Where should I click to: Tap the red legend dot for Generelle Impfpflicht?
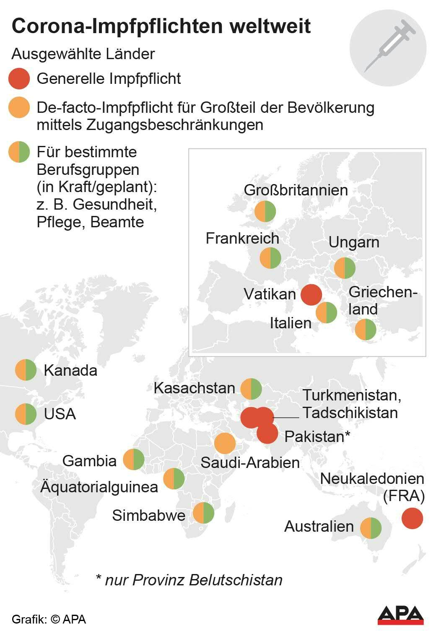[x=19, y=79]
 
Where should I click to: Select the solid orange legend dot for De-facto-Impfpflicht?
[x=19, y=107]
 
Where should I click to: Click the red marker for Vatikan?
[x=311, y=294]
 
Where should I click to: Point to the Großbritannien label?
[x=296, y=190]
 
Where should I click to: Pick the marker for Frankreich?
[x=270, y=258]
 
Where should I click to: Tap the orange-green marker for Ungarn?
[x=345, y=268]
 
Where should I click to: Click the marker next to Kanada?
[x=26, y=370]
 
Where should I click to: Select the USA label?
[x=60, y=414]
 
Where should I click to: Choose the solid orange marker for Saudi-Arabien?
[x=225, y=443]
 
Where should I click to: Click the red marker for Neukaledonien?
[x=412, y=518]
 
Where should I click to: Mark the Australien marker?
[x=371, y=527]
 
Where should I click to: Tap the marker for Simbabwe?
[x=203, y=513]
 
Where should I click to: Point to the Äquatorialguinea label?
[x=99, y=487]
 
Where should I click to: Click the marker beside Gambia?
[x=134, y=460]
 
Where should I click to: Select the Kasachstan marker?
[x=251, y=389]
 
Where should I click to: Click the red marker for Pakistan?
[x=267, y=434]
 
